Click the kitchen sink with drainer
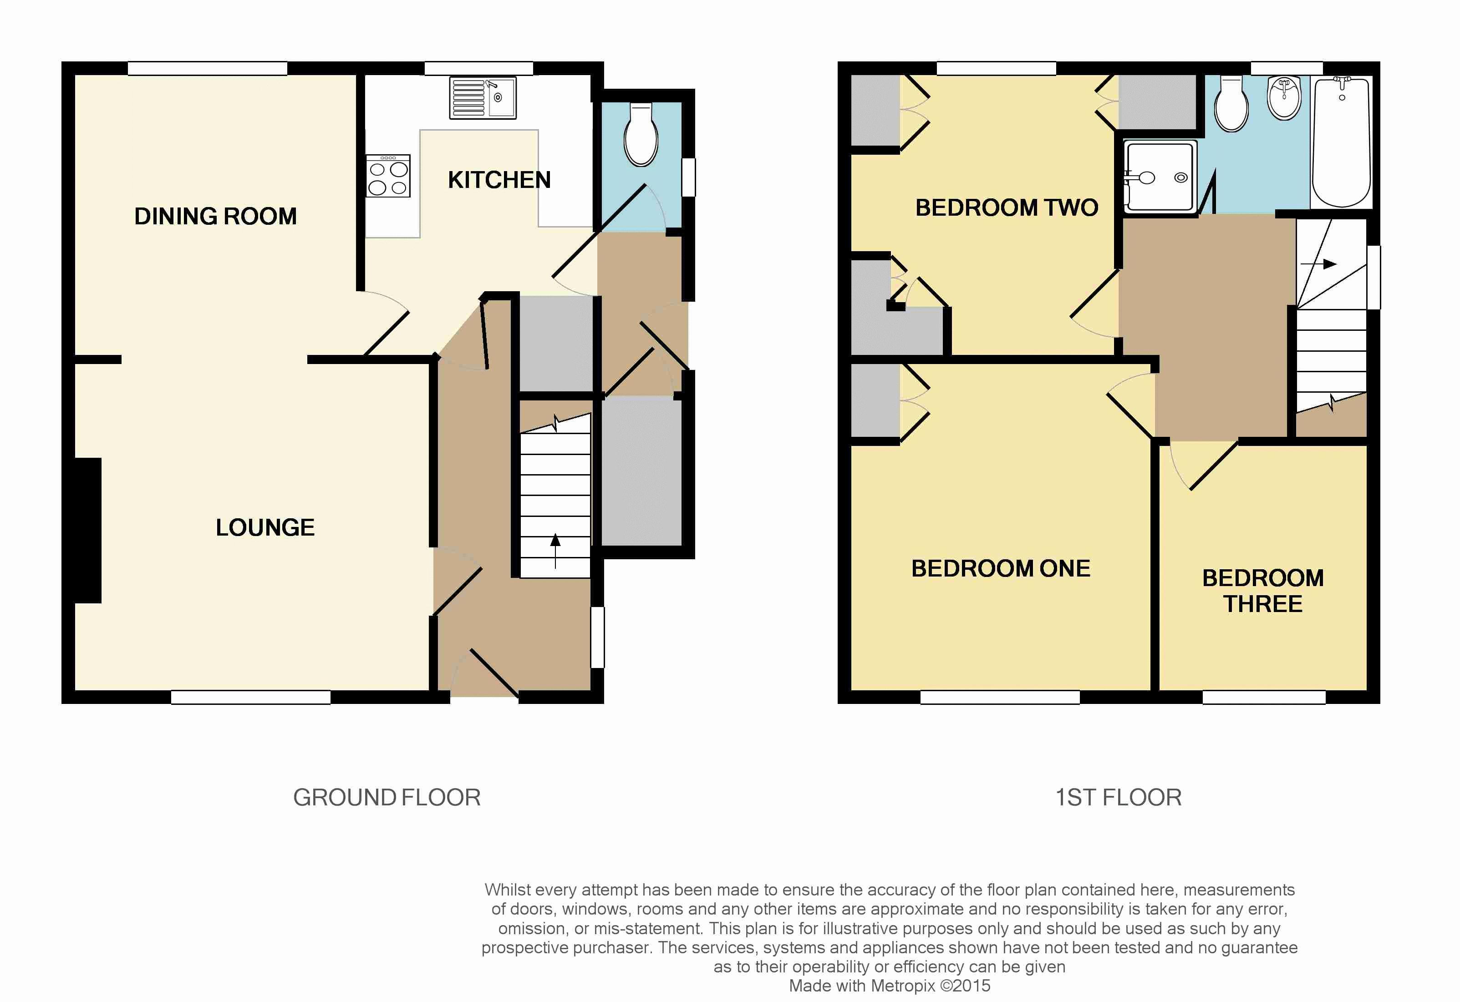[x=483, y=97]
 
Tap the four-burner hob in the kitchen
[x=388, y=176]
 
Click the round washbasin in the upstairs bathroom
[x=1285, y=98]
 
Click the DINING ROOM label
[x=215, y=216]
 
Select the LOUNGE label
[x=265, y=527]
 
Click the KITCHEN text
[x=499, y=180]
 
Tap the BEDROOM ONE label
[x=1001, y=568]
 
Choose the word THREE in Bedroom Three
[x=1263, y=604]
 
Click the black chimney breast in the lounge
[x=88, y=531]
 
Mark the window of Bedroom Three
[x=1264, y=697]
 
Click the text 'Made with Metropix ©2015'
[x=890, y=986]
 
